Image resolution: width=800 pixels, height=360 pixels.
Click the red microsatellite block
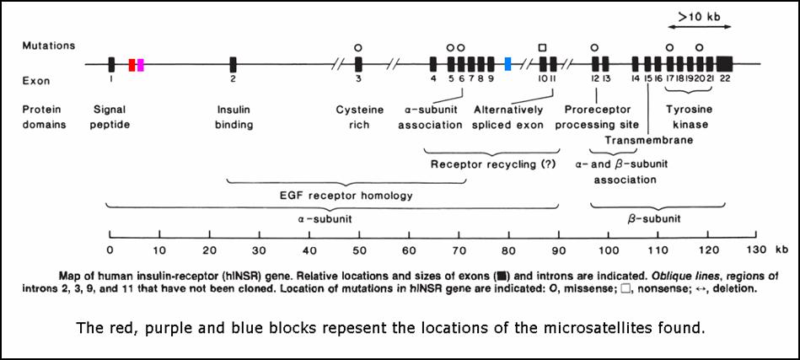132,64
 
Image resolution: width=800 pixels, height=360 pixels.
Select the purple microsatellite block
140,64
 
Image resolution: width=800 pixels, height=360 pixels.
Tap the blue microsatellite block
507,64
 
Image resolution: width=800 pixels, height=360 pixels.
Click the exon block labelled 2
233,64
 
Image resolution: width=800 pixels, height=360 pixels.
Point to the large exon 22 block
724,64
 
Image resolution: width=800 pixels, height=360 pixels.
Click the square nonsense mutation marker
543,47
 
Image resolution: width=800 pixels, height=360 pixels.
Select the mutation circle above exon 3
358,47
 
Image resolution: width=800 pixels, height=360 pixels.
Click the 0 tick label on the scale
110,250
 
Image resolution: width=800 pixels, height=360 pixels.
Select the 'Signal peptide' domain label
112,117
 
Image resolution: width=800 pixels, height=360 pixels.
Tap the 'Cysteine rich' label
360,117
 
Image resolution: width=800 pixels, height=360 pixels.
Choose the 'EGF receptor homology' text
346,196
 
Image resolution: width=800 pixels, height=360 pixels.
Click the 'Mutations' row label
51,46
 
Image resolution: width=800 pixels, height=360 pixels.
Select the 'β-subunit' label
655,218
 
